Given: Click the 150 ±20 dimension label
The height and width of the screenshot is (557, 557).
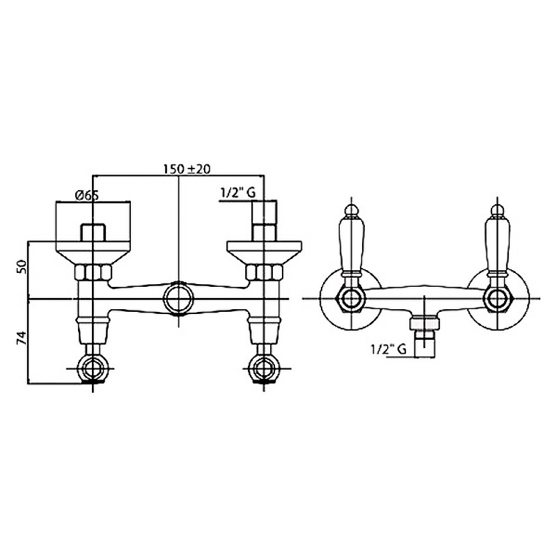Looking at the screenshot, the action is pos(187,168).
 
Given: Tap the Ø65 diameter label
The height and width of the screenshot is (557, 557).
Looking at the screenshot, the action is pos(86,195).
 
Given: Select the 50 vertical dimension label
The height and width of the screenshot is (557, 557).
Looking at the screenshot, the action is pos(22,266).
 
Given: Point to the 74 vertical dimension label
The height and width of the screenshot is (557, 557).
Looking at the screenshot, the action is pos(22,338).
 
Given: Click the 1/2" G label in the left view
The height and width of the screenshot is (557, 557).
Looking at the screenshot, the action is pos(237,193).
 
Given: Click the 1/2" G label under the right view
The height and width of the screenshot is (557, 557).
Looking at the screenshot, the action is pos(389,350).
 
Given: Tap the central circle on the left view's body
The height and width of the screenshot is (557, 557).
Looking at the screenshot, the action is pos(179,299).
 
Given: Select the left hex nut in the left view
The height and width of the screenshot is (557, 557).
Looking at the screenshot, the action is pos(93,272).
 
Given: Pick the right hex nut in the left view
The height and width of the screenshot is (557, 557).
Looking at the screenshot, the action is pos(264,272).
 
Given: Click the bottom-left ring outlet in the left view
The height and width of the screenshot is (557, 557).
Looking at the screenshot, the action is pos(93,368).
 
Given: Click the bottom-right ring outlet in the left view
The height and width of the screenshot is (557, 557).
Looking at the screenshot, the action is pos(264,368).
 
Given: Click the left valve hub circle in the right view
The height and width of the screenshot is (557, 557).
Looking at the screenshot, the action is pos(352,299).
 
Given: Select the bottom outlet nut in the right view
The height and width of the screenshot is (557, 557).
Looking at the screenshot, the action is pos(425,324).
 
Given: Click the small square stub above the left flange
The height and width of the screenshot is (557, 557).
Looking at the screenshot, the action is pos(93,233).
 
